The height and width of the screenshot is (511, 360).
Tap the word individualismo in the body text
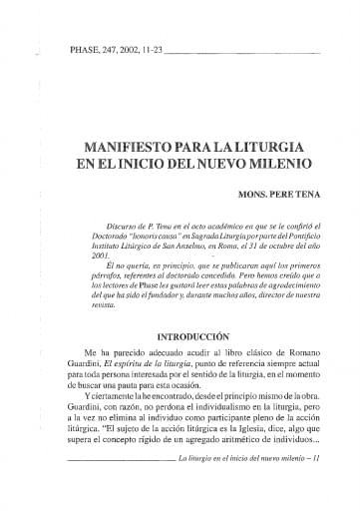[x=221, y=408]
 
